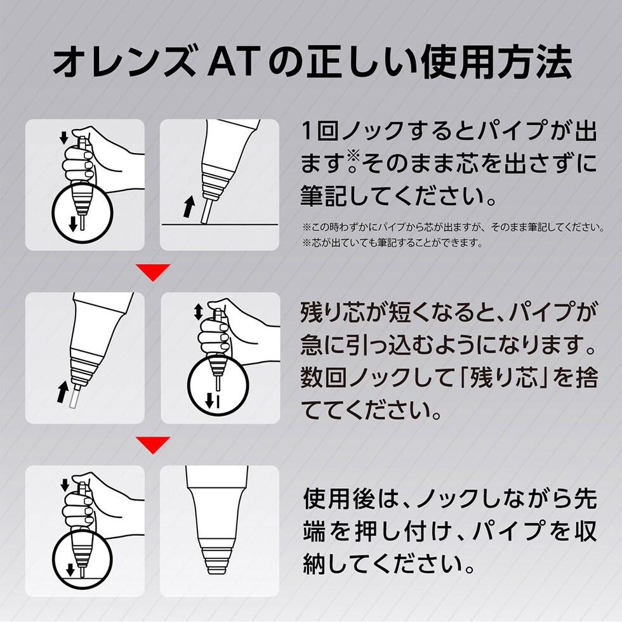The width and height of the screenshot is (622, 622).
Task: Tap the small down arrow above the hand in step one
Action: click(x=63, y=136)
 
